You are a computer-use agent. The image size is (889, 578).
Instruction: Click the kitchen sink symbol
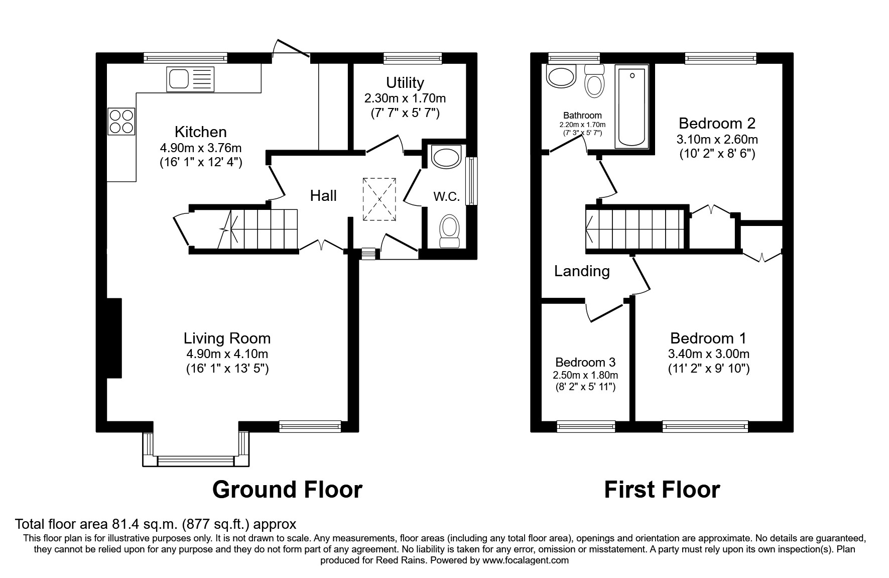190,79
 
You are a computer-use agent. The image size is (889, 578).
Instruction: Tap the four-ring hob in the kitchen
121,122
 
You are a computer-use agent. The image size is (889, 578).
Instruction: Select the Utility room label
405,82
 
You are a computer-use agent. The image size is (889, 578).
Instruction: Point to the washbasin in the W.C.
446,158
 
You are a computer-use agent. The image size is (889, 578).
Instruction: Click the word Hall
323,195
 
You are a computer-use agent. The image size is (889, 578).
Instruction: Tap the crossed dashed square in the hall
379,199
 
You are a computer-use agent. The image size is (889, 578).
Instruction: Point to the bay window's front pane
196,458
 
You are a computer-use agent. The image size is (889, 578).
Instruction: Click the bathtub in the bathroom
632,106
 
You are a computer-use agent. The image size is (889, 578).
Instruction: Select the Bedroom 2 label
717,123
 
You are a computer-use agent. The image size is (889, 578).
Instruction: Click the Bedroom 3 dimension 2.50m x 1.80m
585,375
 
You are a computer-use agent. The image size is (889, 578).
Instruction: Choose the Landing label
582,271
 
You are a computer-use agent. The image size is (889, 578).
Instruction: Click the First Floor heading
662,489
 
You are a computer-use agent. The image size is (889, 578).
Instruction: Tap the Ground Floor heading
287,489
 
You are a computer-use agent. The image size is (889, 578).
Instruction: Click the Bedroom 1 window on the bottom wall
701,427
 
